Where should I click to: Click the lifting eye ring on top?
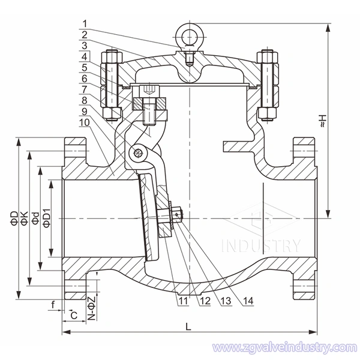click(190, 28)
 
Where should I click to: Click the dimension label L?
click(188, 327)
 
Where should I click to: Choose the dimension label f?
click(53, 304)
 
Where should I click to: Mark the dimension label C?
click(73, 314)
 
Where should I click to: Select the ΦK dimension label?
click(24, 218)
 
